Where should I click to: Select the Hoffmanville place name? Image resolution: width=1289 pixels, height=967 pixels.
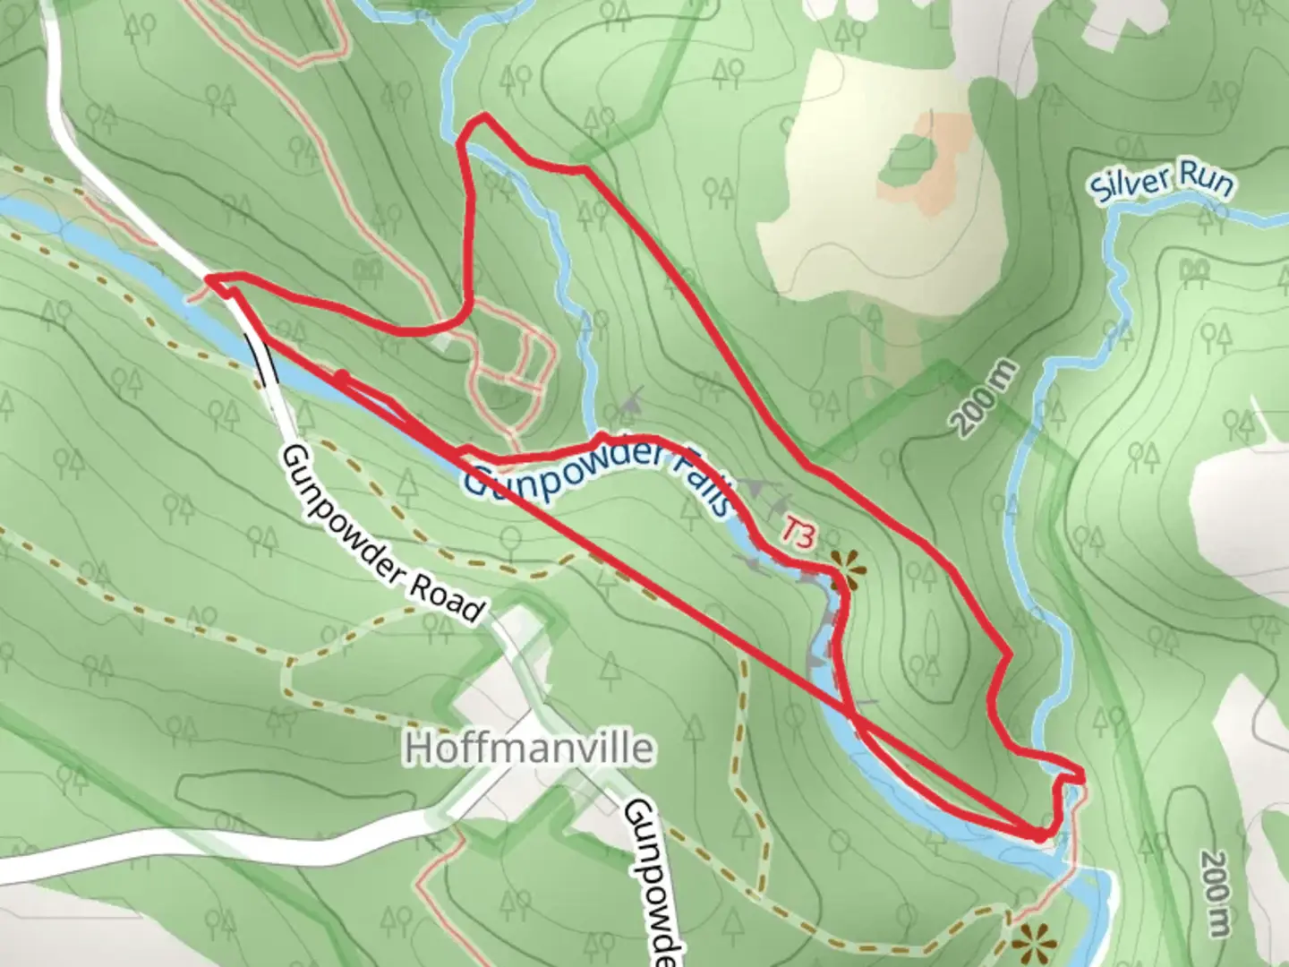[x=529, y=749]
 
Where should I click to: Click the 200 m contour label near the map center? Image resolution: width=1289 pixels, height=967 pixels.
[x=985, y=398]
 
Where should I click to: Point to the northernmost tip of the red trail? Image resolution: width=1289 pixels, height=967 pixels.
[x=484, y=116]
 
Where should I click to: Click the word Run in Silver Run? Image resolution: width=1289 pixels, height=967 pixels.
[x=1205, y=180]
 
